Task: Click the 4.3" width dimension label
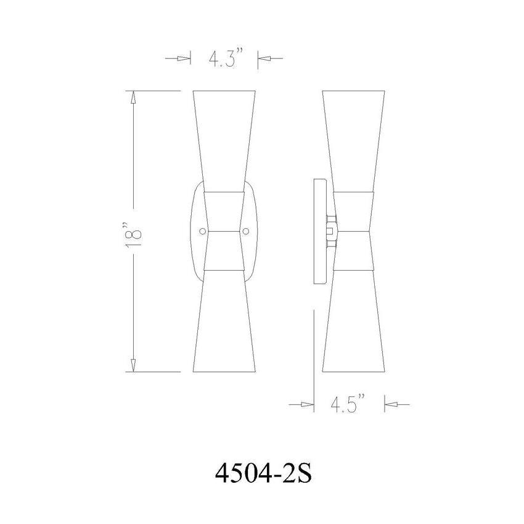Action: click(223, 59)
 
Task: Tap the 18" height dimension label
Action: click(134, 231)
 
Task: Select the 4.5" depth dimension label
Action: click(349, 404)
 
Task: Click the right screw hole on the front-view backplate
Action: click(246, 231)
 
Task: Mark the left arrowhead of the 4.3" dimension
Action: click(183, 59)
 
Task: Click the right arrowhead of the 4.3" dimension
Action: click(263, 59)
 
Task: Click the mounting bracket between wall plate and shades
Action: click(331, 232)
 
